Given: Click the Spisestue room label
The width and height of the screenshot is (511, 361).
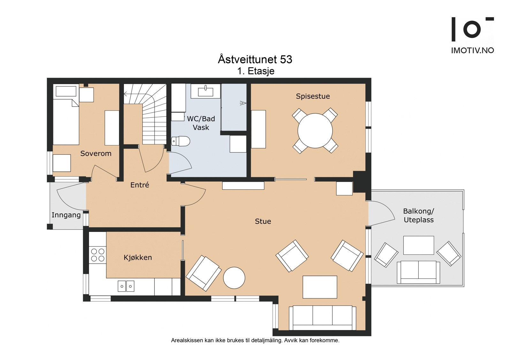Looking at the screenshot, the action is [313, 96].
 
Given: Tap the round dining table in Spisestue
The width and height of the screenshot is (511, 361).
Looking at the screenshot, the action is [315, 131].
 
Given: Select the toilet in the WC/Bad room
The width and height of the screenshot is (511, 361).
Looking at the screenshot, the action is [180, 141].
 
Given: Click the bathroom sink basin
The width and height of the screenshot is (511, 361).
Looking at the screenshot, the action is [206, 92].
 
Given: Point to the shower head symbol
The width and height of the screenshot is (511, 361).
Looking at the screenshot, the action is [243, 103].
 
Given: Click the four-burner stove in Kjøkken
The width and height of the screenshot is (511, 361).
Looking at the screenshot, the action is [98, 255].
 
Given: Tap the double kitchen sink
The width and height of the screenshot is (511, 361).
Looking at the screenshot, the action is [126, 286].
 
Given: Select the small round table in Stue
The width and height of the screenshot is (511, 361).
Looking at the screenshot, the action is [234, 278].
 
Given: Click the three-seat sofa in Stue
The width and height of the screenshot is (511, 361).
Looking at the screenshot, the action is [322, 318].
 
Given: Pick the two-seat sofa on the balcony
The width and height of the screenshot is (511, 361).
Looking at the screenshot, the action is [418, 272].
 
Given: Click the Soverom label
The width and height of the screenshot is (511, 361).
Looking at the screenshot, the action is [96, 154].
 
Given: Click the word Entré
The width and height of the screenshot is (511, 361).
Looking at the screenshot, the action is [140, 185].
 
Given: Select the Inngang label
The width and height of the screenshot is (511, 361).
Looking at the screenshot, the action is [66, 215].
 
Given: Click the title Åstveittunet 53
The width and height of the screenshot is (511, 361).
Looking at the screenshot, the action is [255, 59].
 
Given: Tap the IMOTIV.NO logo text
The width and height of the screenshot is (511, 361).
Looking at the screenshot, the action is [473, 50].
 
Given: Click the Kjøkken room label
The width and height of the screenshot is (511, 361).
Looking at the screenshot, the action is [138, 258].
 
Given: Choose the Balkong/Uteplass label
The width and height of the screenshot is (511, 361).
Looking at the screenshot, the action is [419, 215].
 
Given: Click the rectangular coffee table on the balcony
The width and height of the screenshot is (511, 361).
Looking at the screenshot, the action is [419, 245].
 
